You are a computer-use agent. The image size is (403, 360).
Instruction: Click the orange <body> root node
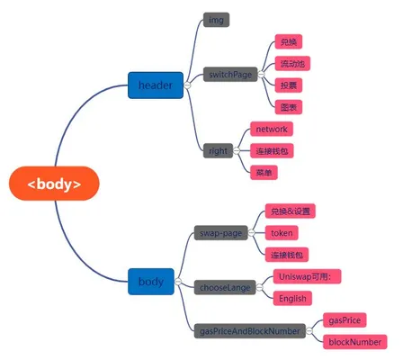pos(54,184)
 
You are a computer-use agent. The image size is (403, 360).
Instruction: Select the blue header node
pos(156,85)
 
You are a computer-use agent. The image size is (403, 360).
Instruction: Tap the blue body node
pos(151,282)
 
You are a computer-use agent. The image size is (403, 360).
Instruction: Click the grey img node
pos(216,20)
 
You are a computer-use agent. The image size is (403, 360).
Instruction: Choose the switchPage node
pos(230,74)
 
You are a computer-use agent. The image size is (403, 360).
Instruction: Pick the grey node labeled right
pos(218,150)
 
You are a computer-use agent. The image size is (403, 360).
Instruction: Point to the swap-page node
pos(221,233)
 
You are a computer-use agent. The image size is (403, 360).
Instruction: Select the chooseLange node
pos(225,287)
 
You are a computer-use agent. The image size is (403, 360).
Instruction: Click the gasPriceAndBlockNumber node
pos(250,331)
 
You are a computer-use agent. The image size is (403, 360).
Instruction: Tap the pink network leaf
pos(272,129)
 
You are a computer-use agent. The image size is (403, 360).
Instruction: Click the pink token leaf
pos(282,233)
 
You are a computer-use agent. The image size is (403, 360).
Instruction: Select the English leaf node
pos(292,298)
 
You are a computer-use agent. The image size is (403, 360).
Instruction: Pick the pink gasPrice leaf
pos(345,320)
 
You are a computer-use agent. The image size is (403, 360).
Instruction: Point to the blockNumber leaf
pos(355,342)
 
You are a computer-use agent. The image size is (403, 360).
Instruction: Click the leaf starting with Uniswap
pos(307,276)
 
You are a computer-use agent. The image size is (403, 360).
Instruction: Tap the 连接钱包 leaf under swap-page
pos(287,255)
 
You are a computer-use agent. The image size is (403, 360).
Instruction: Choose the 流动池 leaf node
pos(292,63)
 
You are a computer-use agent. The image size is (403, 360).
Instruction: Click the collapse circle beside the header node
pos(187,85)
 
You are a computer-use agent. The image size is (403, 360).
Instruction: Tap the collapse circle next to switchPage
pos(262,74)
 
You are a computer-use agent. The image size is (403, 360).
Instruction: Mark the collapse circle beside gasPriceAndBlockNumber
pos(309,331)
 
